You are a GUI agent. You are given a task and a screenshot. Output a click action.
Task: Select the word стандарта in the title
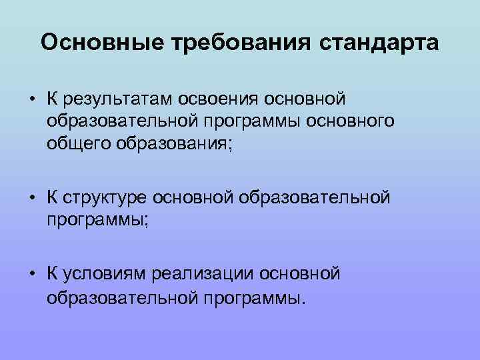pyautogui.click(x=379, y=43)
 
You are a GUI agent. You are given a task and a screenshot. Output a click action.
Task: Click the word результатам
pyautogui.click(x=118, y=100)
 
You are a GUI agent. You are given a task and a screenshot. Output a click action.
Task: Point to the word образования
pyautogui.click(x=177, y=144)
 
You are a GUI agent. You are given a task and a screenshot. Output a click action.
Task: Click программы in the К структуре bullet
pyautogui.click(x=98, y=220)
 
